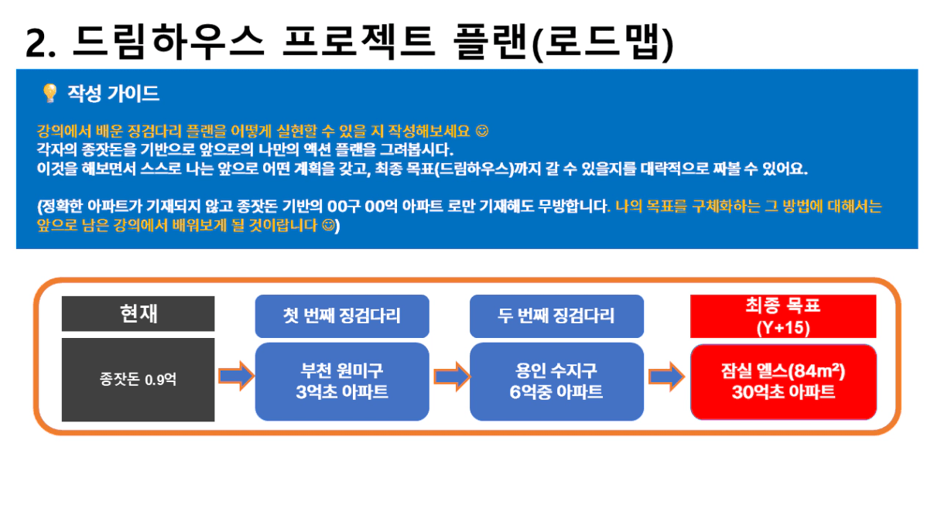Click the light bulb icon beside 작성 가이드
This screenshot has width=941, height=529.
click(50, 93)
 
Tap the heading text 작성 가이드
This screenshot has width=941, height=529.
click(114, 94)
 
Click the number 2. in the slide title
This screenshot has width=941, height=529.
click(41, 43)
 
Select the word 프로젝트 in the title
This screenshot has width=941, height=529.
click(359, 41)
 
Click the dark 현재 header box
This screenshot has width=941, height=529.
click(139, 314)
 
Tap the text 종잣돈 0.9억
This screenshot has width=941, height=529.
click(138, 380)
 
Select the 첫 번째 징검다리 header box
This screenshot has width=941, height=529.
click(342, 316)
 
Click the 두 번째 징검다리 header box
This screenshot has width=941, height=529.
click(556, 316)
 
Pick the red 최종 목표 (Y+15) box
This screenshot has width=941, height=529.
click(783, 316)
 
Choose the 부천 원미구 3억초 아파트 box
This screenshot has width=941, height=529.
click(342, 381)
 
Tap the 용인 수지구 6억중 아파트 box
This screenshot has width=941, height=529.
click(556, 381)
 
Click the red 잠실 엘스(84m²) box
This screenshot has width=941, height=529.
click(783, 381)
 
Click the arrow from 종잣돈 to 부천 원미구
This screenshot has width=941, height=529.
click(237, 376)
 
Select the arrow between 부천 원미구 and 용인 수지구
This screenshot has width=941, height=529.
click(452, 377)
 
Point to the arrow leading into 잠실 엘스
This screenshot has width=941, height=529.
click(667, 377)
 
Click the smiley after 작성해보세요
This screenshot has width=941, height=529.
click(482, 131)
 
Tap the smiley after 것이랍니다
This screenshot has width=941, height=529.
click(329, 226)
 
